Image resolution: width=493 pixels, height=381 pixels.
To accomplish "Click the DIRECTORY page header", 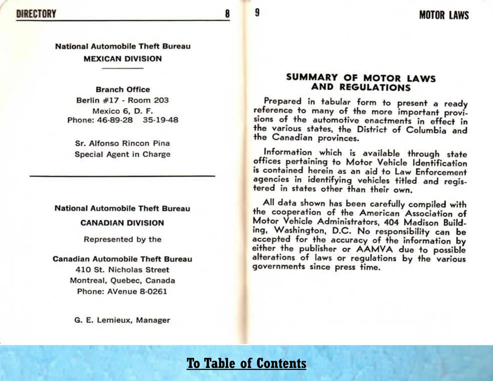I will click(36, 14).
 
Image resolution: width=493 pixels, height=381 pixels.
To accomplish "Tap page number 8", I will click(227, 14).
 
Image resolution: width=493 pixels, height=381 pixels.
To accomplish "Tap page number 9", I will click(257, 13).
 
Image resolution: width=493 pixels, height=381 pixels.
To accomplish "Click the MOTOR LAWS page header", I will click(443, 15).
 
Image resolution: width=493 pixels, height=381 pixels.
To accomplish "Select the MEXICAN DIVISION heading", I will click(123, 59).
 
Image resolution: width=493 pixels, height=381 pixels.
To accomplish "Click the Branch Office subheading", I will click(123, 90).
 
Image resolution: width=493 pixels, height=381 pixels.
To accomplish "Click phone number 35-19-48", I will click(160, 120).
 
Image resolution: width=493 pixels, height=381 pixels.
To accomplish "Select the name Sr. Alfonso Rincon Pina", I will click(123, 144).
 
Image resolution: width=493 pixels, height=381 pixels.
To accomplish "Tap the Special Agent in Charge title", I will click(123, 155).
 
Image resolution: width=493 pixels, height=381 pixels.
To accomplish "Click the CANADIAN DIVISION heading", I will click(122, 223).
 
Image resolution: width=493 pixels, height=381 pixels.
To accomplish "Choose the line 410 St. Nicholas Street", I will click(122, 270).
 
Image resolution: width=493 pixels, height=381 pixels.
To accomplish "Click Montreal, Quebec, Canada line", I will click(122, 281).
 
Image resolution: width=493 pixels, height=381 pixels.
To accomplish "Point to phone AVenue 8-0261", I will click(137, 291).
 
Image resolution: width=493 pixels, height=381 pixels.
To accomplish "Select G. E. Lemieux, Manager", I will click(122, 320).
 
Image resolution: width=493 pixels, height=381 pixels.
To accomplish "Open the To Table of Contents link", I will click(246, 363).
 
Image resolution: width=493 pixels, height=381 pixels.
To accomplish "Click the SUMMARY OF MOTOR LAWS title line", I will click(361, 78).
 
